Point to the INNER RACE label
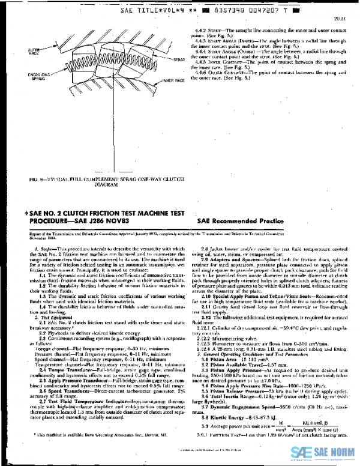click(x=172, y=79)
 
